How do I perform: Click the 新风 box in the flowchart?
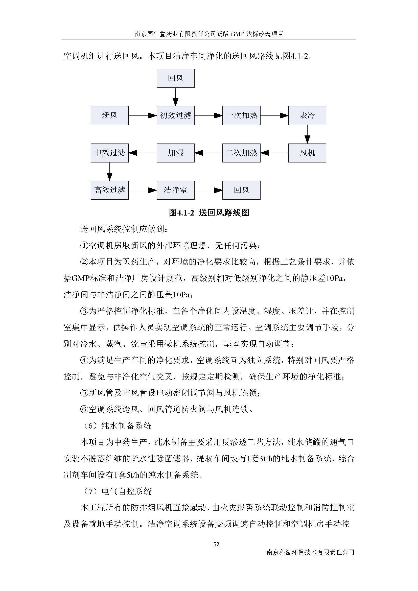point(109,115)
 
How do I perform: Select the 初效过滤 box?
point(175,115)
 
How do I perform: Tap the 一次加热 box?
point(241,115)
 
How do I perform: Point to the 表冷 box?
point(307,115)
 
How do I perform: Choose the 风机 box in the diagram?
point(307,153)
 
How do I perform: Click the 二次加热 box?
point(241,153)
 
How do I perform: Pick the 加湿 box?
point(175,153)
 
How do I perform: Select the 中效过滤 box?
point(109,153)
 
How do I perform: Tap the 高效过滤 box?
point(109,190)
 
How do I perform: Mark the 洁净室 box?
point(175,190)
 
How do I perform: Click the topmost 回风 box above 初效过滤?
point(175,78)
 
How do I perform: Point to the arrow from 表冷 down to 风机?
point(307,134)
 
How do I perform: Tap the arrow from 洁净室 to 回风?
point(208,191)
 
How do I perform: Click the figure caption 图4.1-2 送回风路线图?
point(209,212)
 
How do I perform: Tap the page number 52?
point(216,544)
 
